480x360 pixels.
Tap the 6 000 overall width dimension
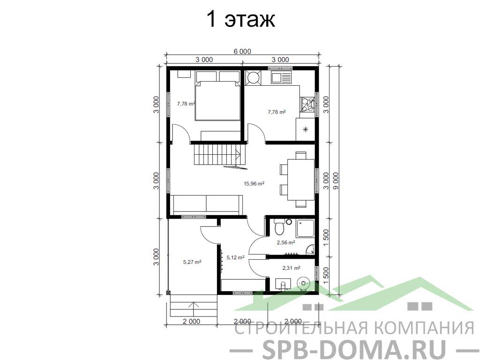click(242, 51)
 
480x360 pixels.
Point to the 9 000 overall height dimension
click(336, 181)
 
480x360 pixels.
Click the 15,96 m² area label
click(254, 184)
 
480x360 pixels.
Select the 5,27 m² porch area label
click(192, 262)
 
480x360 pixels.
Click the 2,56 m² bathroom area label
click(286, 242)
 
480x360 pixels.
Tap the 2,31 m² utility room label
click(291, 268)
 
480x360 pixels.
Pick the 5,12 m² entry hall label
click(235, 258)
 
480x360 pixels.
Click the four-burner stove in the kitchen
click(307, 105)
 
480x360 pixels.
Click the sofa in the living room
click(206, 204)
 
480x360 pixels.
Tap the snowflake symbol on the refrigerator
click(305, 129)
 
